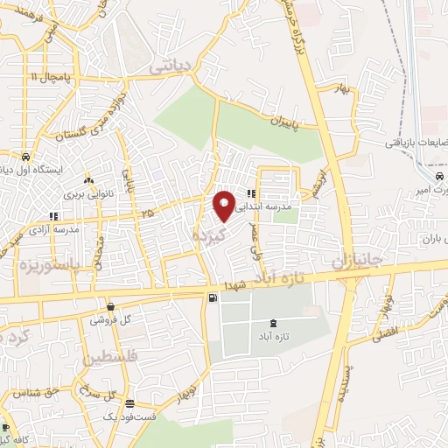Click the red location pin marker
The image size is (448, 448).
225,205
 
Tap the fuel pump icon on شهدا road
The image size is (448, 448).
213,298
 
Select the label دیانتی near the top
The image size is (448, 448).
170,66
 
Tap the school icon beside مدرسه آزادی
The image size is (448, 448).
52,215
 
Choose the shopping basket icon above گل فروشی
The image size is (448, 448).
110,306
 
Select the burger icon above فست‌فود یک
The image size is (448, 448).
129,403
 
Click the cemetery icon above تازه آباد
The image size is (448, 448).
276,324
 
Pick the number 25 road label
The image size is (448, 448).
145,213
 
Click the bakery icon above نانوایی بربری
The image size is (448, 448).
87,181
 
